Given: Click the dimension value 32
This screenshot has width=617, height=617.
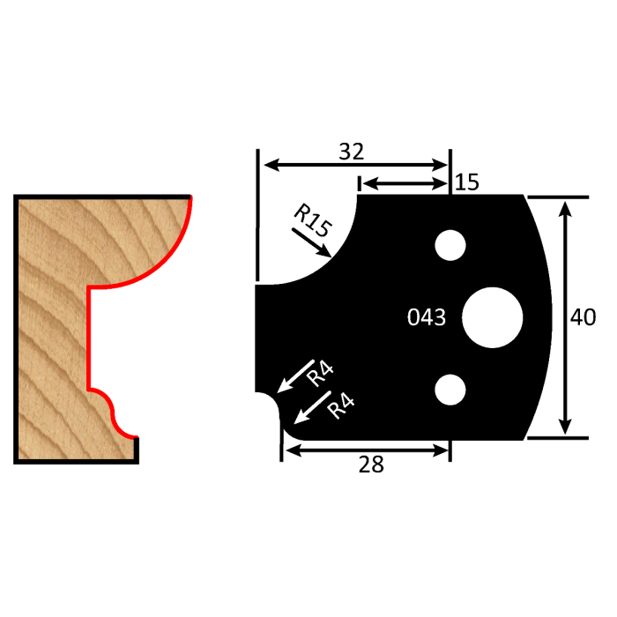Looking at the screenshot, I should [x=352, y=152].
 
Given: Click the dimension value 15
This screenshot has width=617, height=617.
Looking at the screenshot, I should [x=467, y=182].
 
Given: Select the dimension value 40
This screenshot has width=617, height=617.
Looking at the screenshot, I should [x=584, y=317].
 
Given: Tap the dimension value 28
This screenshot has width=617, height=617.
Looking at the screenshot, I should [x=372, y=465].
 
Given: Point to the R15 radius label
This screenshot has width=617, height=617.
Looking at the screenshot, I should [x=312, y=220].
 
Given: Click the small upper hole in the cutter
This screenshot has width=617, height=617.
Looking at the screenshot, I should [x=450, y=245].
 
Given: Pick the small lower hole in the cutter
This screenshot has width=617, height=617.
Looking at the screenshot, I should [x=450, y=389].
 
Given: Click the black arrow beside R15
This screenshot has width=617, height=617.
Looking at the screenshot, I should [x=313, y=244].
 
